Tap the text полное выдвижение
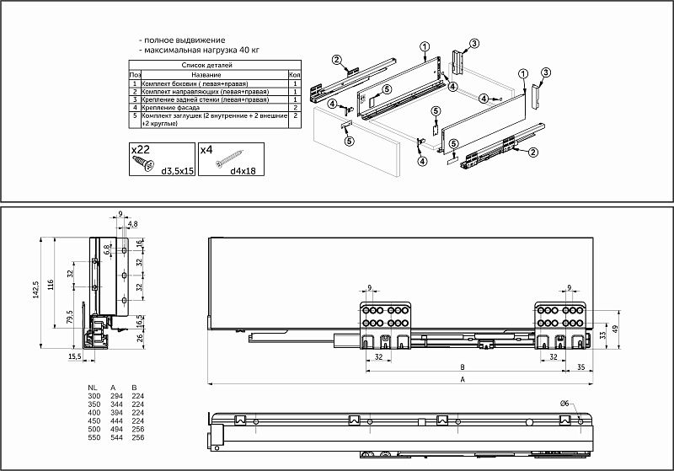click(185, 40)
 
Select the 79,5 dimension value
click(68, 320)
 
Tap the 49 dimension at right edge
click(615, 329)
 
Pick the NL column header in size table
click(93, 387)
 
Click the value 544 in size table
click(115, 438)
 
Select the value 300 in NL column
click(93, 395)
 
